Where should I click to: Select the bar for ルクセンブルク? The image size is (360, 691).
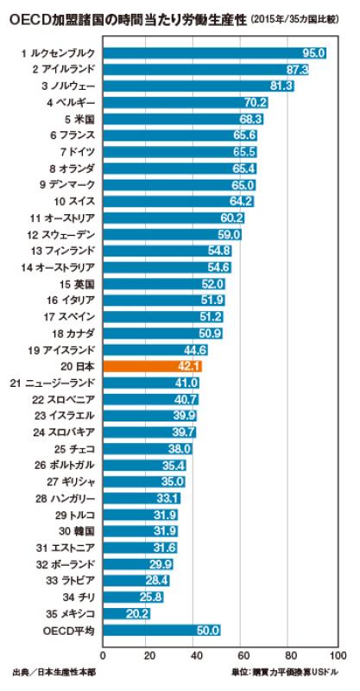point(215,53)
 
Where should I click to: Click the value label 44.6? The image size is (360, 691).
point(194,350)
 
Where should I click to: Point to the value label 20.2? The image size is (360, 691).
point(137,613)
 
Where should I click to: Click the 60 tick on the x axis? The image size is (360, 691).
point(243,654)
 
